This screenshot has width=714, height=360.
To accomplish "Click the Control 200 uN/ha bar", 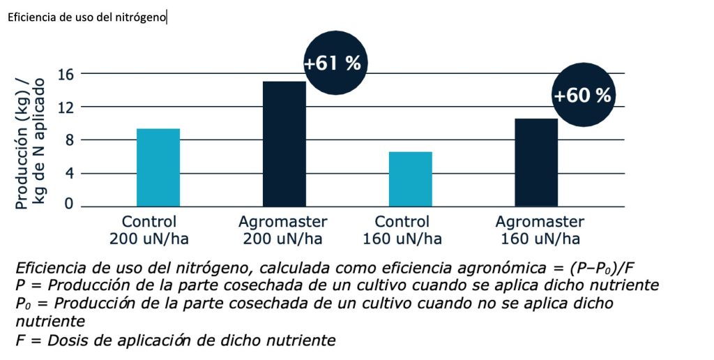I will click(158, 167).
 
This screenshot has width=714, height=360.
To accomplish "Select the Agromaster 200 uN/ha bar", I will click(284, 144).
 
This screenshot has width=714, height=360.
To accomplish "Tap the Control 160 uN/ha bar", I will click(410, 179).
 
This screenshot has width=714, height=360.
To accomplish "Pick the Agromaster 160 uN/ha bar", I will click(536, 163).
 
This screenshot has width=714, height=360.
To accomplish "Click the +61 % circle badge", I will click(333, 63).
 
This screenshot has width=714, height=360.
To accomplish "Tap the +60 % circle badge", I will click(582, 96).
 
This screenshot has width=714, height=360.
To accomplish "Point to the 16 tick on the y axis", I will click(66, 73).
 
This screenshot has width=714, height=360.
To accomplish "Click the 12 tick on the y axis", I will click(66, 107).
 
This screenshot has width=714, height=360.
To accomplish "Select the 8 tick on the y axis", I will click(70, 140).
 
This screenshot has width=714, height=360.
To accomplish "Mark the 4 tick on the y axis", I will click(70, 173).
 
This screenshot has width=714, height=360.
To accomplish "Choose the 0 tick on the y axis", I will click(70, 204).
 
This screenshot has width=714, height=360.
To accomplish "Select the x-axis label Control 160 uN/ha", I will click(402, 230).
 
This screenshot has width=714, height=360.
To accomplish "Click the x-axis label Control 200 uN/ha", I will click(149, 230).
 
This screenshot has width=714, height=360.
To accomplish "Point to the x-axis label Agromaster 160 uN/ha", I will click(540, 230).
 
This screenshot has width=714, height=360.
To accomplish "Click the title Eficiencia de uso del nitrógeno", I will click(87, 17).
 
